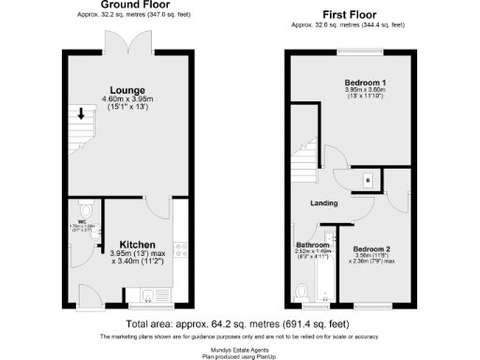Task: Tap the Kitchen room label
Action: coord(136,242)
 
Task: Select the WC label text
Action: coord(82,222)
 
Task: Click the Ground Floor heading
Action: coord(128,6)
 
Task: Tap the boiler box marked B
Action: coord(367,180)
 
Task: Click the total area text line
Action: coord(239,324)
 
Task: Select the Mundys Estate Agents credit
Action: coord(240,346)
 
